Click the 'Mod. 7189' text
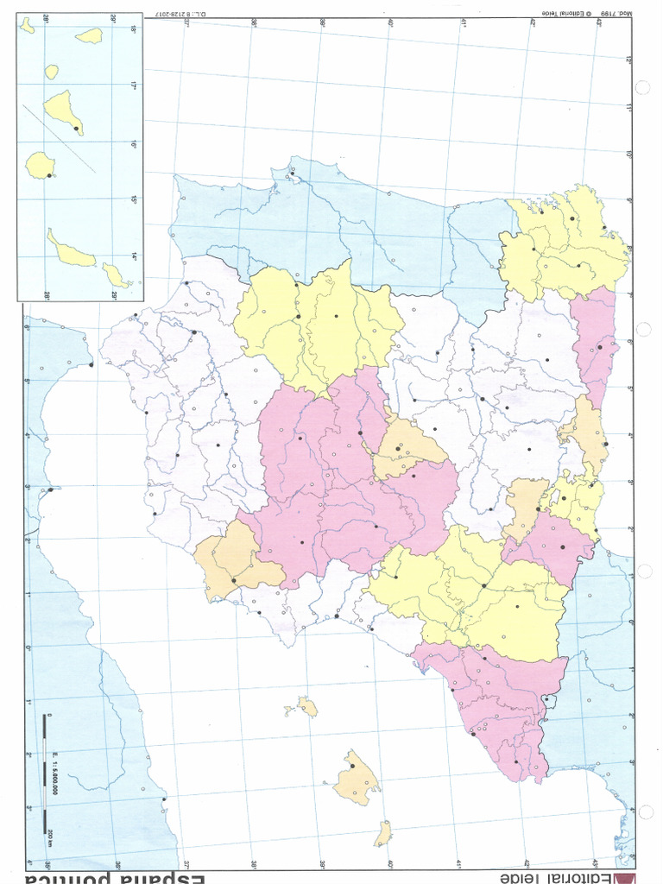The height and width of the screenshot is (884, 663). click(x=609, y=13)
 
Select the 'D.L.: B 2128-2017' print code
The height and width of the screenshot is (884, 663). click(x=173, y=12)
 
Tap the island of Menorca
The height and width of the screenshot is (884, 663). click(x=382, y=833)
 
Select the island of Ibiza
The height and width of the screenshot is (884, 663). click(x=306, y=708)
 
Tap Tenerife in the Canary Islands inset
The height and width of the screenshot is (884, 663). click(x=65, y=110)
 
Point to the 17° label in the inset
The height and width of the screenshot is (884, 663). click(x=134, y=86)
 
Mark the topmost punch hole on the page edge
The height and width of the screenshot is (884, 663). click(x=641, y=87)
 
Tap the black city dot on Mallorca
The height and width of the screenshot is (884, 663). click(x=352, y=765)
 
